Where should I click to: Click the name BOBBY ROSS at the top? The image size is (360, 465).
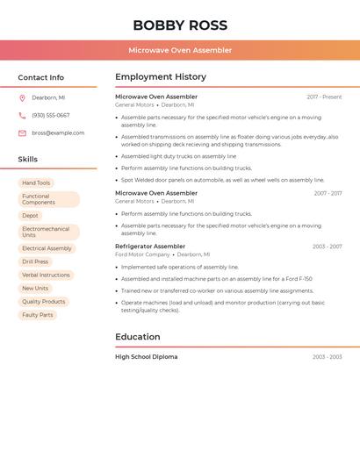coord(180,25)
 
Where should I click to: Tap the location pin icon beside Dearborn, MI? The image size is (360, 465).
coord(22,97)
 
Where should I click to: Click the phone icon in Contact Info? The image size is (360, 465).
coord(22,115)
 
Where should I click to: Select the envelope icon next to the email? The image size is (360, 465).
coord(22,133)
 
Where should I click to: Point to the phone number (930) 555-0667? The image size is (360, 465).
coord(51,115)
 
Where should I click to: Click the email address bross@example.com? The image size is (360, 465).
coord(58,133)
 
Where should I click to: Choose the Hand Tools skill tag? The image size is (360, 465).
coord(36,182)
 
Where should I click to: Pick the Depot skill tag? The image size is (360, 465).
coord(31,216)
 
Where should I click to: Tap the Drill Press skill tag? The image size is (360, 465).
coord(35,261)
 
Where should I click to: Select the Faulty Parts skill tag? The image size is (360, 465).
coord(38,315)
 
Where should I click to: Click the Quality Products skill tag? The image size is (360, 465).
coord(44,302)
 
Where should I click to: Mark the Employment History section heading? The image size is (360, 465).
coord(161,77)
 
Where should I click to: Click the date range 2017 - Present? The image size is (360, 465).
coord(324,97)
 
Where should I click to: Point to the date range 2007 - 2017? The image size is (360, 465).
coord(328,193)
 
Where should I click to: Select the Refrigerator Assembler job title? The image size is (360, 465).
coord(150,247)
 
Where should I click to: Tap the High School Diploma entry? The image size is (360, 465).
coord(146,357)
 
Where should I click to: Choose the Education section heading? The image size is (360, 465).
coord(138,337)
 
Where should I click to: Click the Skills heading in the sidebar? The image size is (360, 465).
coord(28,160)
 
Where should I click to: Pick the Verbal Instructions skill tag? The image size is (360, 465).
coord(46,275)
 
